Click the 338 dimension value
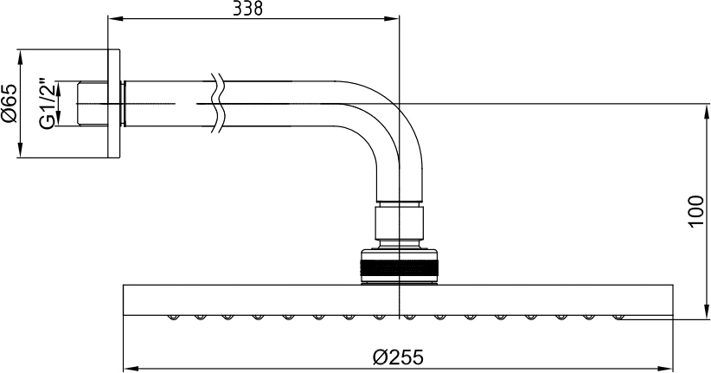coord(247,8)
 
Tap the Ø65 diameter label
coord(10,103)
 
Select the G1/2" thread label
coord(48,105)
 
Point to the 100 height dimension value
coord(696,211)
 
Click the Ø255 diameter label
coord(398,357)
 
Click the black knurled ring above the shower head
coord(399,268)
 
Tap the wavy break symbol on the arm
coord(218,104)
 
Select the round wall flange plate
coord(114,104)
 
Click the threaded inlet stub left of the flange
coord(93,104)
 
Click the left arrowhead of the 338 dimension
coord(116,18)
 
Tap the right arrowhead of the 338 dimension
coord(391,18)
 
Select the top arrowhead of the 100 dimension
coord(708,111)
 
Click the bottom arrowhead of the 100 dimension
coord(708,312)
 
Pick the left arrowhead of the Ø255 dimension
coord(131,368)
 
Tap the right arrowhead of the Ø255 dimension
coord(665,368)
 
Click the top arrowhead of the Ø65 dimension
coord(20,57)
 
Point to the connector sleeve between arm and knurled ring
coord(399,222)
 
